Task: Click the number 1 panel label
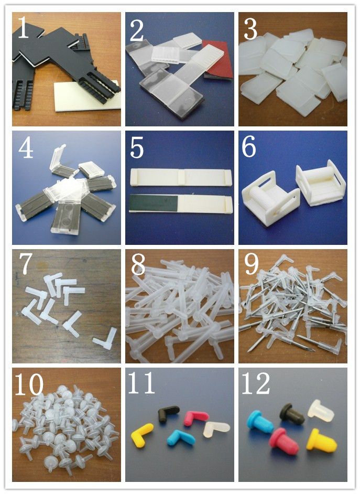[23, 29]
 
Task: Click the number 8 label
[138, 266]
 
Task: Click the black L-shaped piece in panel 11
[169, 413]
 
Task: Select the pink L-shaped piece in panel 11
[196, 418]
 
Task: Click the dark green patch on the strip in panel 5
[155, 202]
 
